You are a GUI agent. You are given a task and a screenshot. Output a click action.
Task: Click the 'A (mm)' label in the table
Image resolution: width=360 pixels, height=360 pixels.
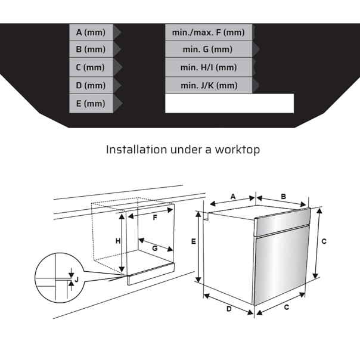(x=90, y=32)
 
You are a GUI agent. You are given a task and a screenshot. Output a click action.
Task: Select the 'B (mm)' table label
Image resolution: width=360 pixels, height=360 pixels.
(x=90, y=49)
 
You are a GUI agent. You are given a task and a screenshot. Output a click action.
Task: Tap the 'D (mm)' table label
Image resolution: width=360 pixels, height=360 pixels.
(x=90, y=85)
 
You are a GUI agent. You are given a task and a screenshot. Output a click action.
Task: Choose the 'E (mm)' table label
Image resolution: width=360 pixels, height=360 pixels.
(x=90, y=104)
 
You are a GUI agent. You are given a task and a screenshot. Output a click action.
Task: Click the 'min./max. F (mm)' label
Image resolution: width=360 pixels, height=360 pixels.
(x=208, y=32)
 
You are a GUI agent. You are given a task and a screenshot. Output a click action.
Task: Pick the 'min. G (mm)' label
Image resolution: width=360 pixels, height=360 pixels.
(x=208, y=49)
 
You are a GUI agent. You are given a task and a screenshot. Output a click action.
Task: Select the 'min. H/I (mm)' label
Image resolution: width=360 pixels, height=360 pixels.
(x=208, y=67)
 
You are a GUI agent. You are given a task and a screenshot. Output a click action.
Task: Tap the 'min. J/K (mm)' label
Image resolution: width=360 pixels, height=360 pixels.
(x=208, y=85)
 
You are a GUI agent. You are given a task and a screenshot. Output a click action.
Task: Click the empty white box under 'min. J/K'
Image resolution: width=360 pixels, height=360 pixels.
(x=229, y=103)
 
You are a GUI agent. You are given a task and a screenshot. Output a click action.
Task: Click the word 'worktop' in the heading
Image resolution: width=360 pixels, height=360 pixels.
(x=237, y=150)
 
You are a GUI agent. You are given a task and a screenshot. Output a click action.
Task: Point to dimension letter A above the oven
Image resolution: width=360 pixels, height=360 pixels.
(x=233, y=196)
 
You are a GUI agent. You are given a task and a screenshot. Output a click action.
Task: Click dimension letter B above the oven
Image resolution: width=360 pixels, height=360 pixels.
(x=284, y=196)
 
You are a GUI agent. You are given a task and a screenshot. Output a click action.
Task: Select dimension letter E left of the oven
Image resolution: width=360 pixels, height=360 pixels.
(x=193, y=241)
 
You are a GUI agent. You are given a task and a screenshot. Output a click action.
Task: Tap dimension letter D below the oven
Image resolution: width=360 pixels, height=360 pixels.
(x=228, y=309)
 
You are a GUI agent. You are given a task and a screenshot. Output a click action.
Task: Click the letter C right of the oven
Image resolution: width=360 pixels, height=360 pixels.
(x=324, y=241)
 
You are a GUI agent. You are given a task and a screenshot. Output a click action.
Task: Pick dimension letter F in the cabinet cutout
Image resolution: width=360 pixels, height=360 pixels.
(x=155, y=218)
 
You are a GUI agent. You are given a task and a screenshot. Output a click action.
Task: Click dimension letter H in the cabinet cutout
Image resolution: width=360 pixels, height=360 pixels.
(x=118, y=241)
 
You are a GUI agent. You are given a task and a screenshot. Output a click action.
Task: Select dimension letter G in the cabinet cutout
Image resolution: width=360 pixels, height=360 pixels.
(x=154, y=247)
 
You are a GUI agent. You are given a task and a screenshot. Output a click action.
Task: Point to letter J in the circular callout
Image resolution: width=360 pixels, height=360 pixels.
(x=75, y=278)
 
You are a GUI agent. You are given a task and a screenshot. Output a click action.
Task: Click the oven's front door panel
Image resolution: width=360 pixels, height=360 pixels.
(x=280, y=265)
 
